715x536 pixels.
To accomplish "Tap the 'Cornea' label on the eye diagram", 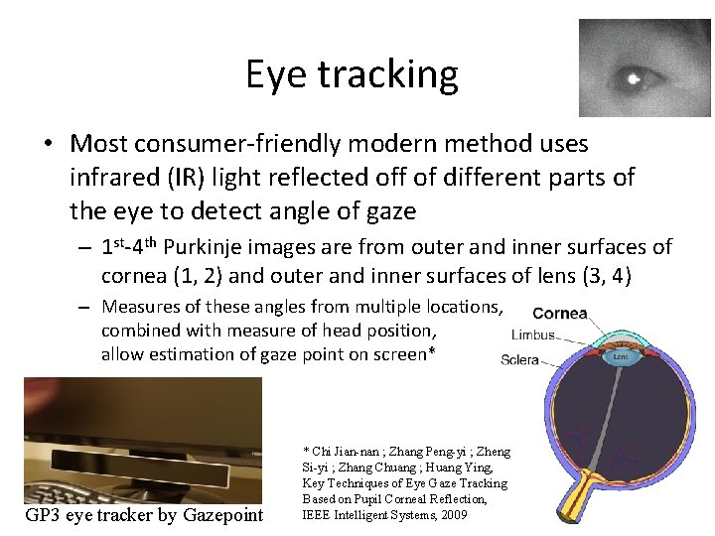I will pyautogui.click(x=560, y=314).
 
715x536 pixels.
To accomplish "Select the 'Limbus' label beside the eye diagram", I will pyautogui.click(x=532, y=335).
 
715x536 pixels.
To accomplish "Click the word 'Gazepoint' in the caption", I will pyautogui.click(x=227, y=514).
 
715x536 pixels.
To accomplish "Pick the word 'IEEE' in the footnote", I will pyautogui.click(x=318, y=514).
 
